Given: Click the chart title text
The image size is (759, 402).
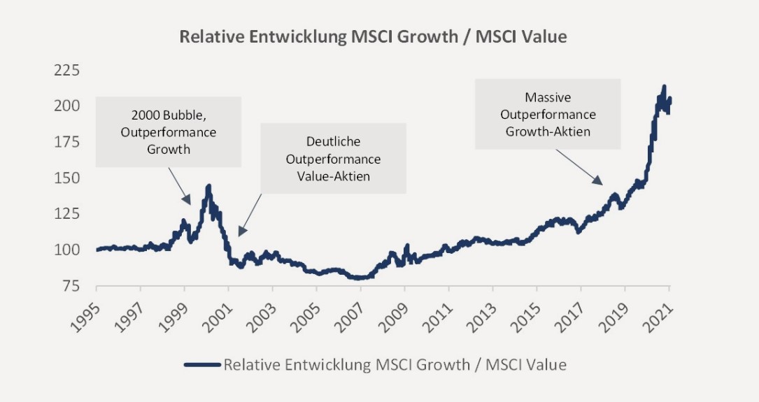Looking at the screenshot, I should coord(373,37).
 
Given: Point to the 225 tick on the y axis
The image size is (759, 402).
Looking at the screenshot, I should coord(69,70).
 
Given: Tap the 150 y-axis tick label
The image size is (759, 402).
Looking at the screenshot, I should coord(69,178).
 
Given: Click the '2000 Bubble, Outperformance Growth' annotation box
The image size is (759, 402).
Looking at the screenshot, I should coord(169,132).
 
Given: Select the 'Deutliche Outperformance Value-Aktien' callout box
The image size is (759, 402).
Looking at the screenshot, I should coord(334,159).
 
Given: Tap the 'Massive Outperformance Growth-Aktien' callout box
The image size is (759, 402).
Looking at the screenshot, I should coord(548,114).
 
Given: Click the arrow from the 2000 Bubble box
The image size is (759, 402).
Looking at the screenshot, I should coord(181,190).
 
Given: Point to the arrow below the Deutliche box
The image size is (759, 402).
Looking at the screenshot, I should coord(250,215).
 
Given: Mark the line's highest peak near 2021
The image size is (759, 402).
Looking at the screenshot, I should coord(663,87).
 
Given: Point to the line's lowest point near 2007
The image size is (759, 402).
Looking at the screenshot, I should coord(359,278).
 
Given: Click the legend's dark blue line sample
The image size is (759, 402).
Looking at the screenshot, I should coord(202,364).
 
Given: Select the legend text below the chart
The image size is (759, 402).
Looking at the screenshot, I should coord(395,364).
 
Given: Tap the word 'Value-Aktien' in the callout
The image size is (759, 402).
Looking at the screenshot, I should coord(334,176).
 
